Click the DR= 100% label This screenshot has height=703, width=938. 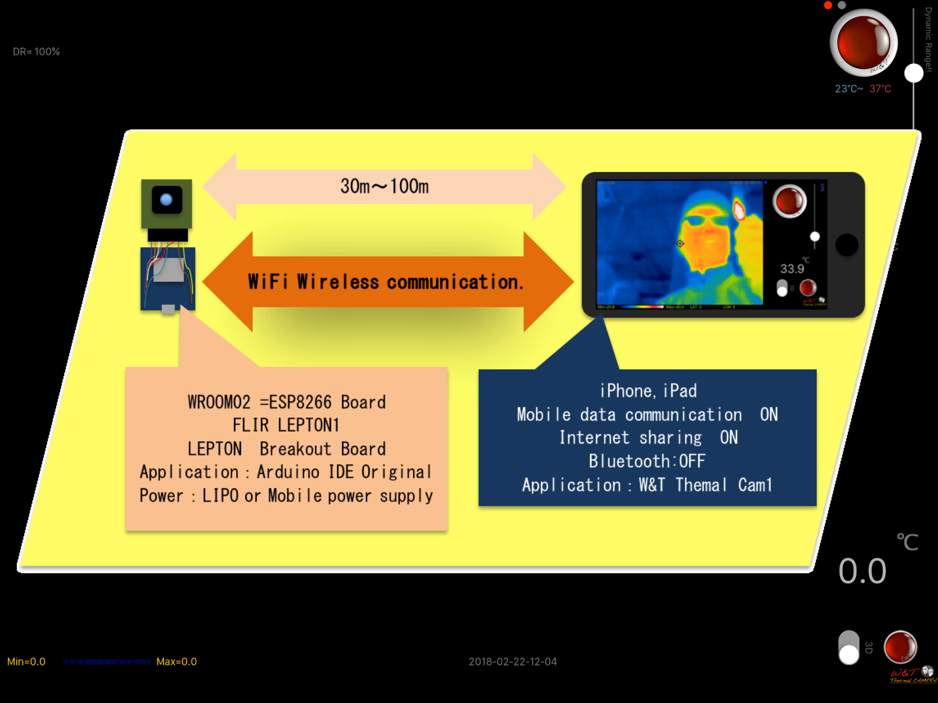click(36, 52)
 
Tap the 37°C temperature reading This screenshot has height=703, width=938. click(880, 89)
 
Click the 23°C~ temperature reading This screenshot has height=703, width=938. click(848, 89)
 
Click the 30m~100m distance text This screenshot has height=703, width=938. click(384, 186)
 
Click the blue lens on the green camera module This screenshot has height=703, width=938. click(166, 199)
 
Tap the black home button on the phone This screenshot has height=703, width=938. click(846, 245)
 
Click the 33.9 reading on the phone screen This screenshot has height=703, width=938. click(792, 268)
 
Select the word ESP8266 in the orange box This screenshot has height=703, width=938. click(300, 402)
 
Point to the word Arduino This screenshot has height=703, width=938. click(288, 472)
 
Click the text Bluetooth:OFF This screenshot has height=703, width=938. click(647, 461)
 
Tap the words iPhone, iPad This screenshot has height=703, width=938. click(648, 391)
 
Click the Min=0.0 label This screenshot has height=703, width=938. click(26, 661)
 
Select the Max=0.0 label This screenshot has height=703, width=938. click(176, 661)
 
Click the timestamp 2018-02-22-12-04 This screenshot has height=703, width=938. click(513, 661)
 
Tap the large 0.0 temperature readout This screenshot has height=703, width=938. click(862, 571)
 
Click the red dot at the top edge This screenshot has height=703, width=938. click(828, 5)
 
